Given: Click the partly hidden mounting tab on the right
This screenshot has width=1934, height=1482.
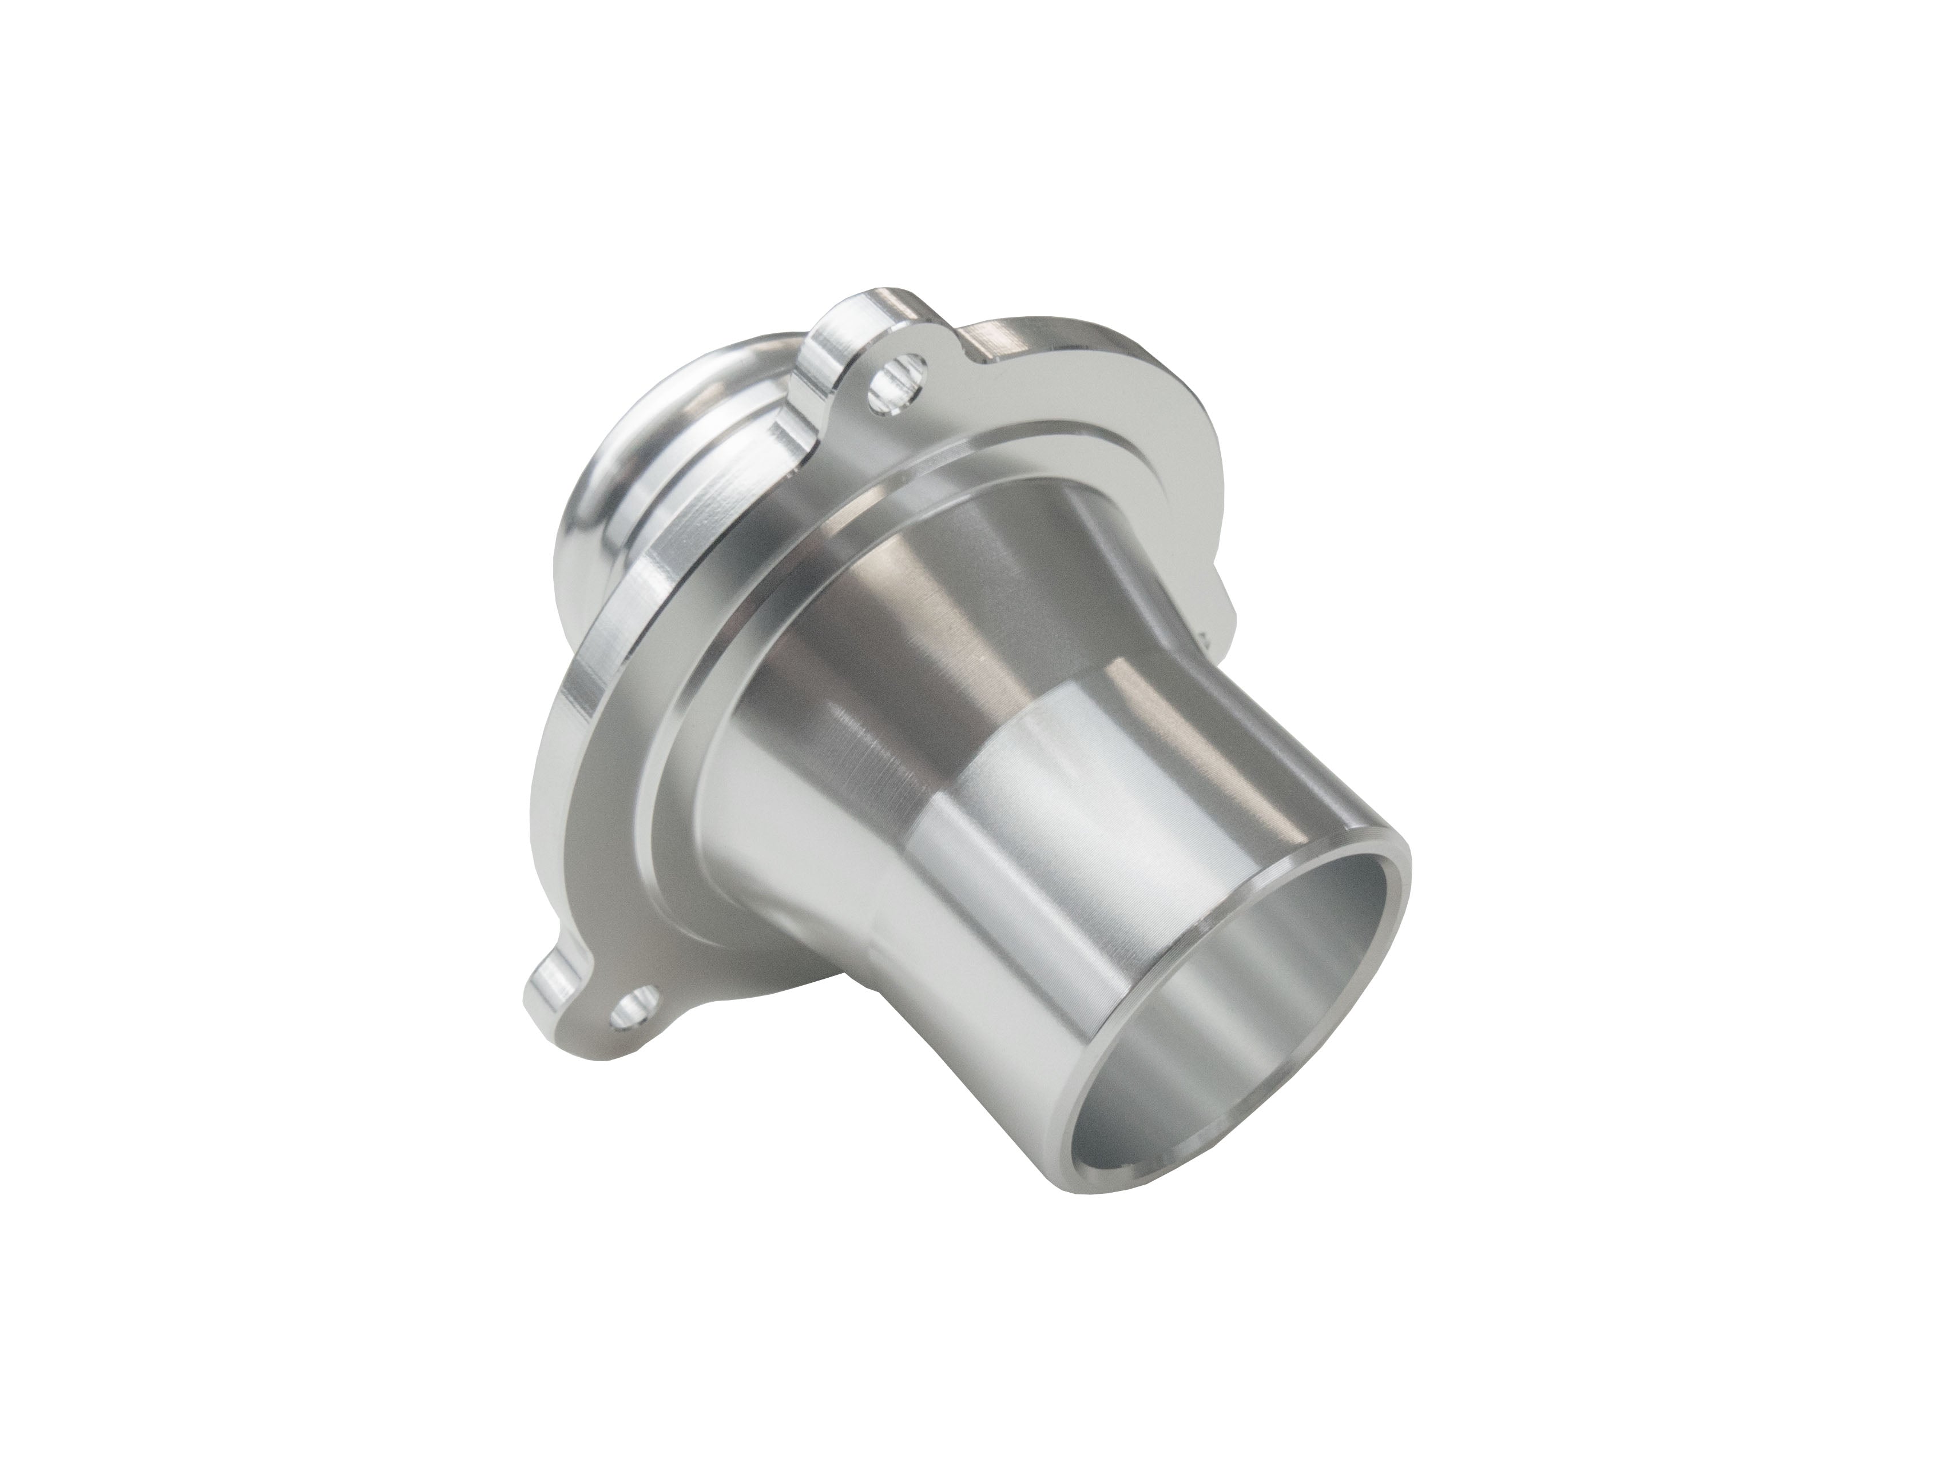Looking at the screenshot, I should click(x=1222, y=609).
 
